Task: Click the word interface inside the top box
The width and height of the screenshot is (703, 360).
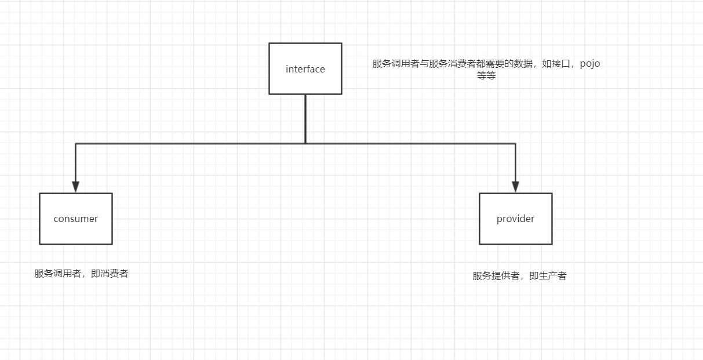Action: pos(305,69)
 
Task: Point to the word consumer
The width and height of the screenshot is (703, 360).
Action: pos(75,219)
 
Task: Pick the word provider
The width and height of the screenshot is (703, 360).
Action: pos(515,219)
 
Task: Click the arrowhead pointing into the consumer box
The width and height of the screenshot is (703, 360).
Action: pos(75,187)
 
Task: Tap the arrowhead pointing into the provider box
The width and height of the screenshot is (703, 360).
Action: pos(515,187)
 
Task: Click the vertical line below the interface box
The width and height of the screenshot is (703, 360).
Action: pos(305,118)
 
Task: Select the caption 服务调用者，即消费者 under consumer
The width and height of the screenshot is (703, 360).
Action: pos(81,274)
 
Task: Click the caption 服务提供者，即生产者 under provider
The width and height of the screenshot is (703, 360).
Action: pos(519,276)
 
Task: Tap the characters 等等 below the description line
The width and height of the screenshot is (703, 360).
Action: pos(486,76)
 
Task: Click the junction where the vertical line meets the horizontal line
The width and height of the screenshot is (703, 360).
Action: pos(305,143)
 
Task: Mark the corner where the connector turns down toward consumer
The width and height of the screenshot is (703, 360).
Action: pos(75,143)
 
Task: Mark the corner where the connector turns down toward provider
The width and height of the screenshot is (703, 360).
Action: pos(515,143)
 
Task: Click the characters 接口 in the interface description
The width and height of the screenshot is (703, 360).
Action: pos(561,64)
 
